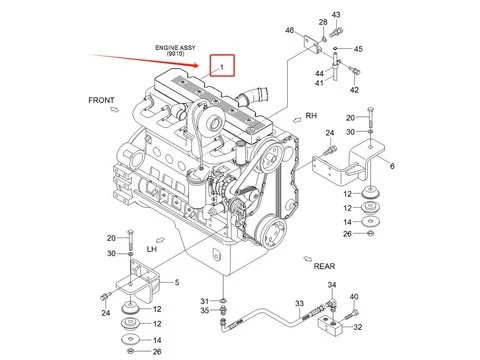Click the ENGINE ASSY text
(x=174, y=46)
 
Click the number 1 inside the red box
(x=222, y=66)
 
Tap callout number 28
(x=323, y=21)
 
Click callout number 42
(x=354, y=90)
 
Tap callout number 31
(x=204, y=301)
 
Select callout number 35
(x=204, y=311)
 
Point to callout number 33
(x=299, y=302)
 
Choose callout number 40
(x=352, y=296)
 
